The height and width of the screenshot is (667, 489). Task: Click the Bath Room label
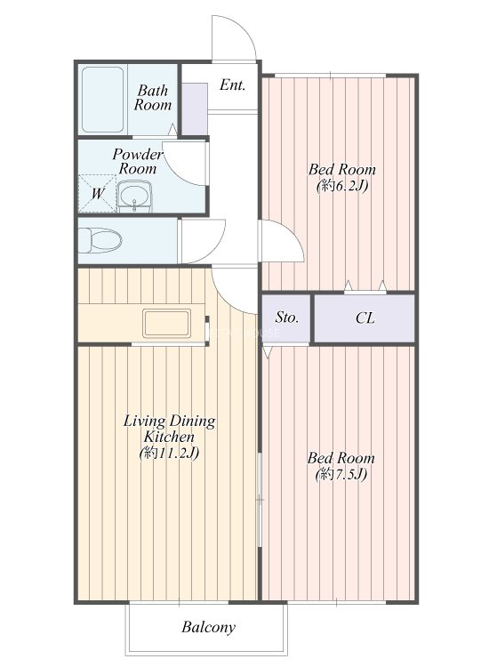tap(153, 98)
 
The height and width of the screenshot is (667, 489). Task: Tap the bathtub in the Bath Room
tap(102, 100)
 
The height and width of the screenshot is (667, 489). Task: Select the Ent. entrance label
tap(233, 85)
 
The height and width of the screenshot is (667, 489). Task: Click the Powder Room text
tap(137, 161)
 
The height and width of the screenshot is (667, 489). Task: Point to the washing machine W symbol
tap(98, 194)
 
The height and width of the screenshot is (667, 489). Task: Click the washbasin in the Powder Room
tap(134, 197)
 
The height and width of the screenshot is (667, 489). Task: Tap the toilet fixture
tap(100, 240)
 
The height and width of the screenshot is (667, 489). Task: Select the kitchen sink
tap(166, 324)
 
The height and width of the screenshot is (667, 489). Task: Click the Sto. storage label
tap(286, 317)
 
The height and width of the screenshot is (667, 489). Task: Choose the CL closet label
tap(365, 317)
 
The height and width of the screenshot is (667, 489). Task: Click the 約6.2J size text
tap(342, 186)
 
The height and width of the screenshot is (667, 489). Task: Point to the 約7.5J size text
tap(341, 474)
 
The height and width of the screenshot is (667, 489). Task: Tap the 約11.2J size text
tap(169, 453)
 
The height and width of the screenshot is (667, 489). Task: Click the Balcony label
tap(208, 628)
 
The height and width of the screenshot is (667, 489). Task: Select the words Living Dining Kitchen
tap(169, 429)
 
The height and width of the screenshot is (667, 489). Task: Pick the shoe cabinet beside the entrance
tap(195, 108)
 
